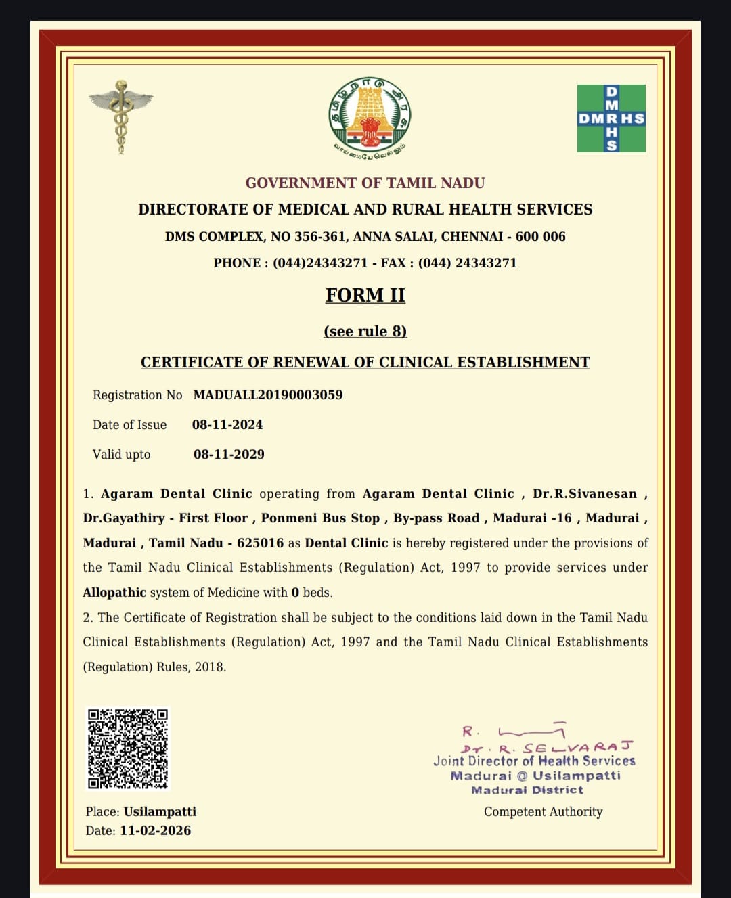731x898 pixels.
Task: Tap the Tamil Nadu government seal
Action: (369, 114)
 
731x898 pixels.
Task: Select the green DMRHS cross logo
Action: (611, 118)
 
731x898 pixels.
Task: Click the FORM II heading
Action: (365, 295)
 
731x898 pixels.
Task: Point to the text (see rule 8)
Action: (365, 331)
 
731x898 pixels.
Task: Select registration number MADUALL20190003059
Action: (268, 395)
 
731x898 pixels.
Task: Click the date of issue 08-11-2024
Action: (227, 424)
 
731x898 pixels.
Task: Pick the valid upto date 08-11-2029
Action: (229, 454)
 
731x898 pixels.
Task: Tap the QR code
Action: (128, 748)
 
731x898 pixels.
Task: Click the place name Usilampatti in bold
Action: (160, 811)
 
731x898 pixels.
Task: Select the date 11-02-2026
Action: (155, 830)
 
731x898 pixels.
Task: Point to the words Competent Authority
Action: (543, 811)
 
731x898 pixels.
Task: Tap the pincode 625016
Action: (261, 543)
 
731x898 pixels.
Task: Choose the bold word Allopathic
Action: (114, 592)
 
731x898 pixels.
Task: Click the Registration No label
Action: (137, 395)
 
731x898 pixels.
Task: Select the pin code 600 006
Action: (540, 236)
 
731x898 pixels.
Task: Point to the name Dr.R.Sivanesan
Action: (585, 493)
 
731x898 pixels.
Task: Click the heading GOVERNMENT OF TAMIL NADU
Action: (365, 183)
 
